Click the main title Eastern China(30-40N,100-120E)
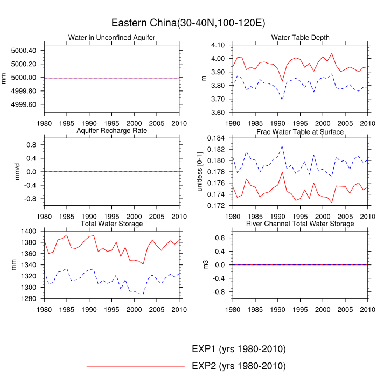tap(188, 23)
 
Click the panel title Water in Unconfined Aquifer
tap(111, 37)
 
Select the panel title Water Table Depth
tap(300, 37)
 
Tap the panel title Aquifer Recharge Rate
tap(111, 131)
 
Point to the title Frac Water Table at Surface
tap(300, 132)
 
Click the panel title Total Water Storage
tap(111, 224)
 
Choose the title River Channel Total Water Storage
tap(300, 224)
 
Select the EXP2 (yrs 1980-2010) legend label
tap(238, 366)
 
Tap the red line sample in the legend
tap(135, 367)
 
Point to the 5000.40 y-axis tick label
tap(24, 51)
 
